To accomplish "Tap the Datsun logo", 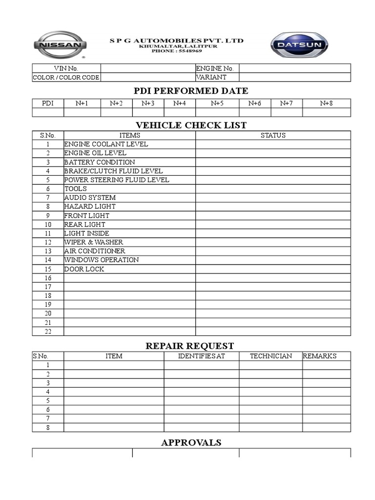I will point(299,45).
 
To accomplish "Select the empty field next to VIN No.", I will point(148,68).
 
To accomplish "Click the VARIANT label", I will point(211,77).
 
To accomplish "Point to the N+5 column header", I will point(217,103).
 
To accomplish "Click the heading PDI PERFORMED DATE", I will point(191,91).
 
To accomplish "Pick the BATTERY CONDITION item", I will point(100,162).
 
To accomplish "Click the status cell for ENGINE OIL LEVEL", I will point(273,153).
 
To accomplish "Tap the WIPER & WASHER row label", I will point(94,242).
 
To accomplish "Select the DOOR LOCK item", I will point(84,269).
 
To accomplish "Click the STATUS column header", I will point(273,135).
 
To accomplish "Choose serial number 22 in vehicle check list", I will point(48,332).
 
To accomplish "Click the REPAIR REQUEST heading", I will point(190,346).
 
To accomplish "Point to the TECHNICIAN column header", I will point(271,356).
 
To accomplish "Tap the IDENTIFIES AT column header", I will point(201,356).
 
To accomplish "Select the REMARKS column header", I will point(320,356).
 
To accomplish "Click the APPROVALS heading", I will point(191,442).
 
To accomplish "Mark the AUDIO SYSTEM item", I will point(90,198).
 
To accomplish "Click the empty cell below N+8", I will point(326,112).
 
